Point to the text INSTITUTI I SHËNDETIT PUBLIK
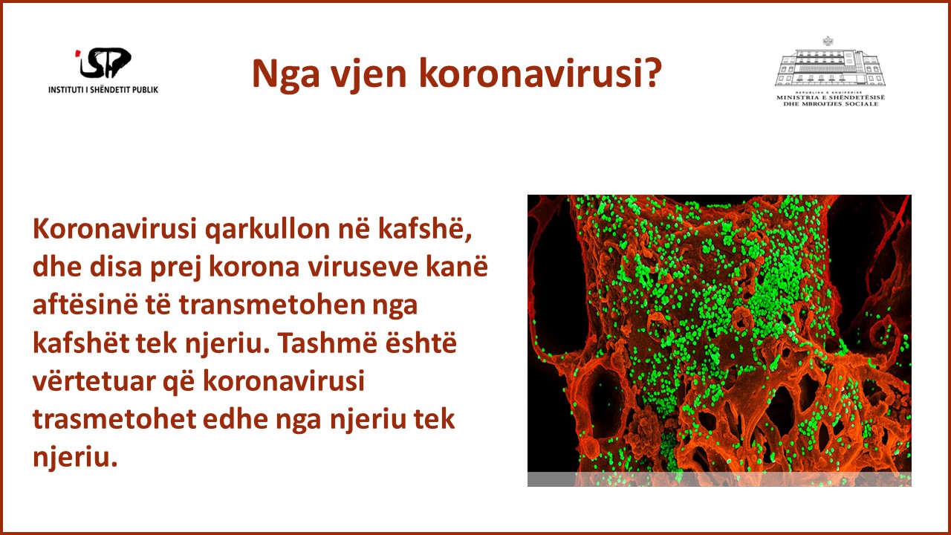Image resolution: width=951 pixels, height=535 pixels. coord(103,90)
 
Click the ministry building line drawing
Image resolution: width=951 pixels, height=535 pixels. coord(830,67)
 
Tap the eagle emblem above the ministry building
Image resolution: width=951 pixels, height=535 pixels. coord(828,41)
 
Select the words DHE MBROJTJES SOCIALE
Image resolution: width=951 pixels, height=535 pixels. coord(831,103)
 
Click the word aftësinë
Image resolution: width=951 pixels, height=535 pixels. coord(85,305)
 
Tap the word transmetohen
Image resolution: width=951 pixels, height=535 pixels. coord(272,305)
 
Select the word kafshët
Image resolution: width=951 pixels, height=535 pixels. coord(81,343)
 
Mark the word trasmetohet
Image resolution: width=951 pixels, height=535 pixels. coord(114,419)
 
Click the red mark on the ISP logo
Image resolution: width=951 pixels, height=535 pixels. coord(77,53)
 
